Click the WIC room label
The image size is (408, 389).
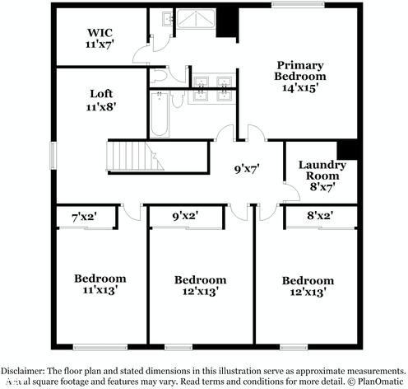click(100, 39)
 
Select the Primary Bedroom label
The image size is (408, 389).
click(299, 75)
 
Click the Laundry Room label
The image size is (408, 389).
click(322, 175)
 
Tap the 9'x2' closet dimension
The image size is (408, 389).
click(184, 218)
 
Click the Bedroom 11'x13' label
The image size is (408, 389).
click(100, 284)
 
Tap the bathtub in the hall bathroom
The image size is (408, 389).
click(161, 115)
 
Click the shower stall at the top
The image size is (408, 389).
click(196, 20)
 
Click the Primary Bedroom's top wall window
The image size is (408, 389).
click(286, 6)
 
